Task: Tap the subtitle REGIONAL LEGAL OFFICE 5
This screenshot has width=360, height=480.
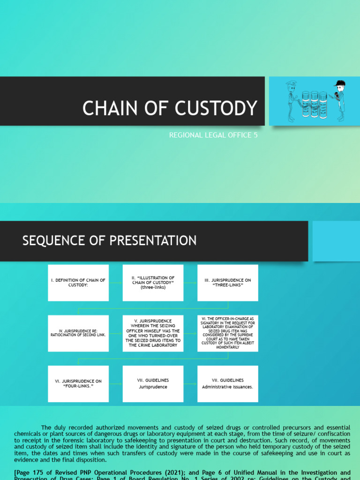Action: click(213, 135)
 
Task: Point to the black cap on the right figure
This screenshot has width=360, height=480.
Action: click(339, 84)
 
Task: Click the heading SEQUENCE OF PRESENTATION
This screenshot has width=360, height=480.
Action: click(110, 241)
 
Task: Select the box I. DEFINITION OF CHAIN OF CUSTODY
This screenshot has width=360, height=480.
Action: click(78, 283)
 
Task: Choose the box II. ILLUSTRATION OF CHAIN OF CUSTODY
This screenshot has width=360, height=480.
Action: click(153, 283)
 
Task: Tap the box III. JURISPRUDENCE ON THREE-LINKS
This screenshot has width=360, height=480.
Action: click(227, 283)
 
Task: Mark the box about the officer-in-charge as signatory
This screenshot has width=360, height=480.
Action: click(227, 333)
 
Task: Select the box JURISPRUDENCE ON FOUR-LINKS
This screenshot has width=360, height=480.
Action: click(78, 384)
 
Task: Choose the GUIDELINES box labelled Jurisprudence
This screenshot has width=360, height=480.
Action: click(153, 384)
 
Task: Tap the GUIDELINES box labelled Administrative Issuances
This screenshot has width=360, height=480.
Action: click(227, 384)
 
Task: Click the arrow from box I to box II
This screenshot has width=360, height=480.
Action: click(115, 283)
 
